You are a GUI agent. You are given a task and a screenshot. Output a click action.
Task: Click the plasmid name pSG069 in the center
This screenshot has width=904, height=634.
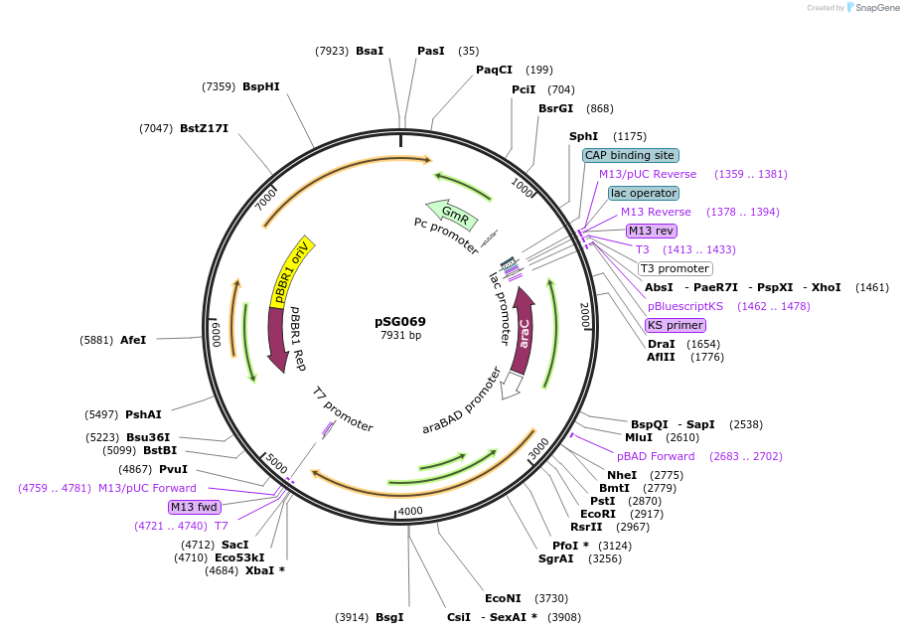click(400, 321)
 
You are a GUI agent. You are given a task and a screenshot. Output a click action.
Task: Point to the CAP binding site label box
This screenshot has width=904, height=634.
click(630, 155)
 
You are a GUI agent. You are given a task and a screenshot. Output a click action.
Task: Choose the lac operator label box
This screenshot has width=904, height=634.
click(644, 193)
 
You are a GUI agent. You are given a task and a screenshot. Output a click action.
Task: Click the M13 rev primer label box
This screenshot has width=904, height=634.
click(652, 231)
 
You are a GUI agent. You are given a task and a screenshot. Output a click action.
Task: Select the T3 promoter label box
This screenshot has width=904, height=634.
click(675, 268)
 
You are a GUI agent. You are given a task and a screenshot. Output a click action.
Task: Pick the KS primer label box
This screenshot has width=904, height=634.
click(675, 325)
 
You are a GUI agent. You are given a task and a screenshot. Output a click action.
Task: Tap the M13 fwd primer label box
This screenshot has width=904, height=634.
click(194, 507)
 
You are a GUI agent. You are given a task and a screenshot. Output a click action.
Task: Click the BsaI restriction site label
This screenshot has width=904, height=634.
click(370, 51)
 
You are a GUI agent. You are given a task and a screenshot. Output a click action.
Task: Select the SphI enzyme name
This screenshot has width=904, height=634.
click(583, 136)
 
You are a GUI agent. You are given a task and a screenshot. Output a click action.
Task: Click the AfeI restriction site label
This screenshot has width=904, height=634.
click(133, 340)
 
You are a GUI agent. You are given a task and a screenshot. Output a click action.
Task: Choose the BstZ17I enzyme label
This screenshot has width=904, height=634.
click(204, 128)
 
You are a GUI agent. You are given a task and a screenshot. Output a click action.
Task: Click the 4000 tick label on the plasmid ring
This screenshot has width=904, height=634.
click(409, 512)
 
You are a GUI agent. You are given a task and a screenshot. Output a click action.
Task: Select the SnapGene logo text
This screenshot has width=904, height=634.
click(875, 8)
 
